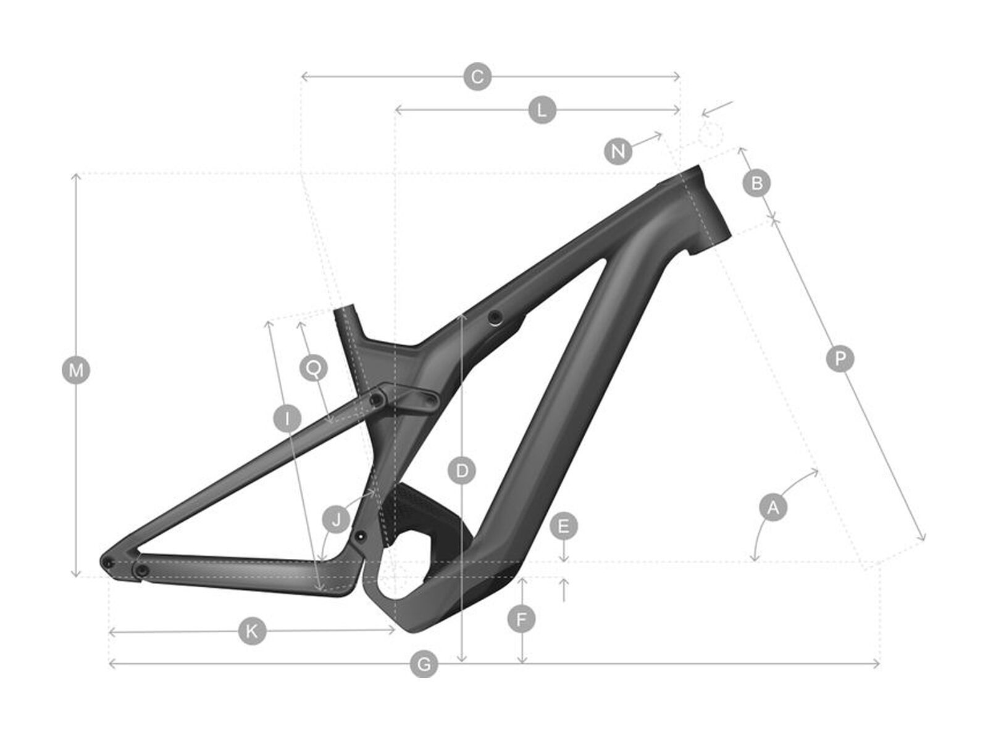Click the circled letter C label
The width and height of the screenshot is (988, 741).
(477, 77)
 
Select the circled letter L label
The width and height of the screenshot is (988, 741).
(542, 111)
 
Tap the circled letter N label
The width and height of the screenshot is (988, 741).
(618, 151)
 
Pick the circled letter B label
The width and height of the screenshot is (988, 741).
(757, 183)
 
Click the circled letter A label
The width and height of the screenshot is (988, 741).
(772, 508)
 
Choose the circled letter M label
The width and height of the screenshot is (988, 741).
(76, 370)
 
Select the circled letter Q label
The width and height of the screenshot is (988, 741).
(314, 369)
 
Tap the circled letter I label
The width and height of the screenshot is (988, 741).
(287, 419)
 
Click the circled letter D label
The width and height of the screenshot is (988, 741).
(461, 471)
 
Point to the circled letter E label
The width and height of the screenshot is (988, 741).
(563, 527)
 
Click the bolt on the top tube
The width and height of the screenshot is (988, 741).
(494, 317)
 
